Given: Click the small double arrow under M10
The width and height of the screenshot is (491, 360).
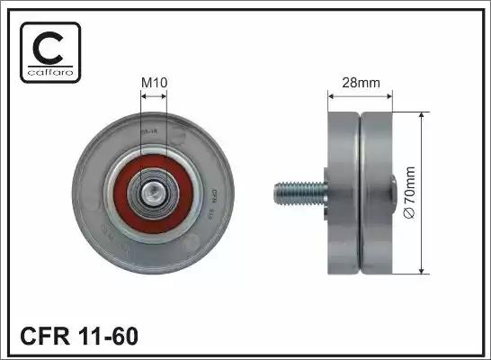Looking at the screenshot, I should [156, 96].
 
